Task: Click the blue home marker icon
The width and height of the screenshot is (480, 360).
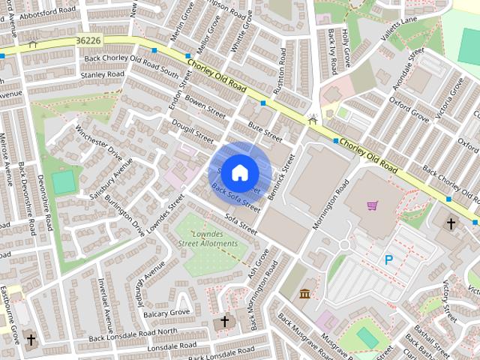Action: click(240, 172)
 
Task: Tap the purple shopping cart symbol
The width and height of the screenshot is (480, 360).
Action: click(372, 205)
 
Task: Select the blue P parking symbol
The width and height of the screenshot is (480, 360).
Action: click(388, 260)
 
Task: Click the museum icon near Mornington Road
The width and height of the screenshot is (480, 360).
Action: click(304, 292)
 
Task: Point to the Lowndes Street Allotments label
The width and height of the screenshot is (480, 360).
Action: click(209, 239)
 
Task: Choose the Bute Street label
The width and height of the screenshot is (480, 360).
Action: click(265, 133)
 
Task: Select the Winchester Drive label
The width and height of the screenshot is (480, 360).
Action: click(98, 141)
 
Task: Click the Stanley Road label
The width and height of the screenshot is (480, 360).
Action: click(102, 75)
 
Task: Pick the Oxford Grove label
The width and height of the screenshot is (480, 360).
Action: click(409, 109)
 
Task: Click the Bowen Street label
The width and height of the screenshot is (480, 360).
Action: click(205, 107)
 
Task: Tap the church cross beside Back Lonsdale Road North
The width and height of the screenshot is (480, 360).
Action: click(224, 322)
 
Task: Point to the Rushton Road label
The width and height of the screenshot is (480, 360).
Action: click(280, 72)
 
